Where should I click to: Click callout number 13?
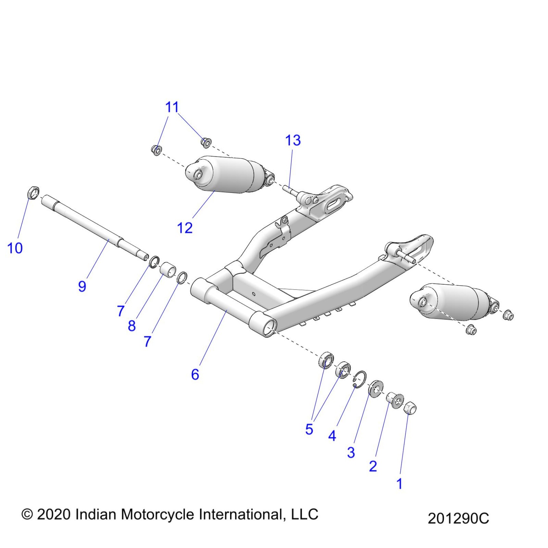293,141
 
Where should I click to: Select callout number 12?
185,228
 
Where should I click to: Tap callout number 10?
15,248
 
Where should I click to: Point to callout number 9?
82,286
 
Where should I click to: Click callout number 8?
132,326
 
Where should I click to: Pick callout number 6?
195,375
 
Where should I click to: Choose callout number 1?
399,484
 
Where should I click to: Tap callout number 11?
172,107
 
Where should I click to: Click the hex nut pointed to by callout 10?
33,192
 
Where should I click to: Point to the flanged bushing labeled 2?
395,400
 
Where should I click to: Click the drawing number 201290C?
458,519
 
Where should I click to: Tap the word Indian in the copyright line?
95,514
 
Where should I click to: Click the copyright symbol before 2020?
27,514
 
